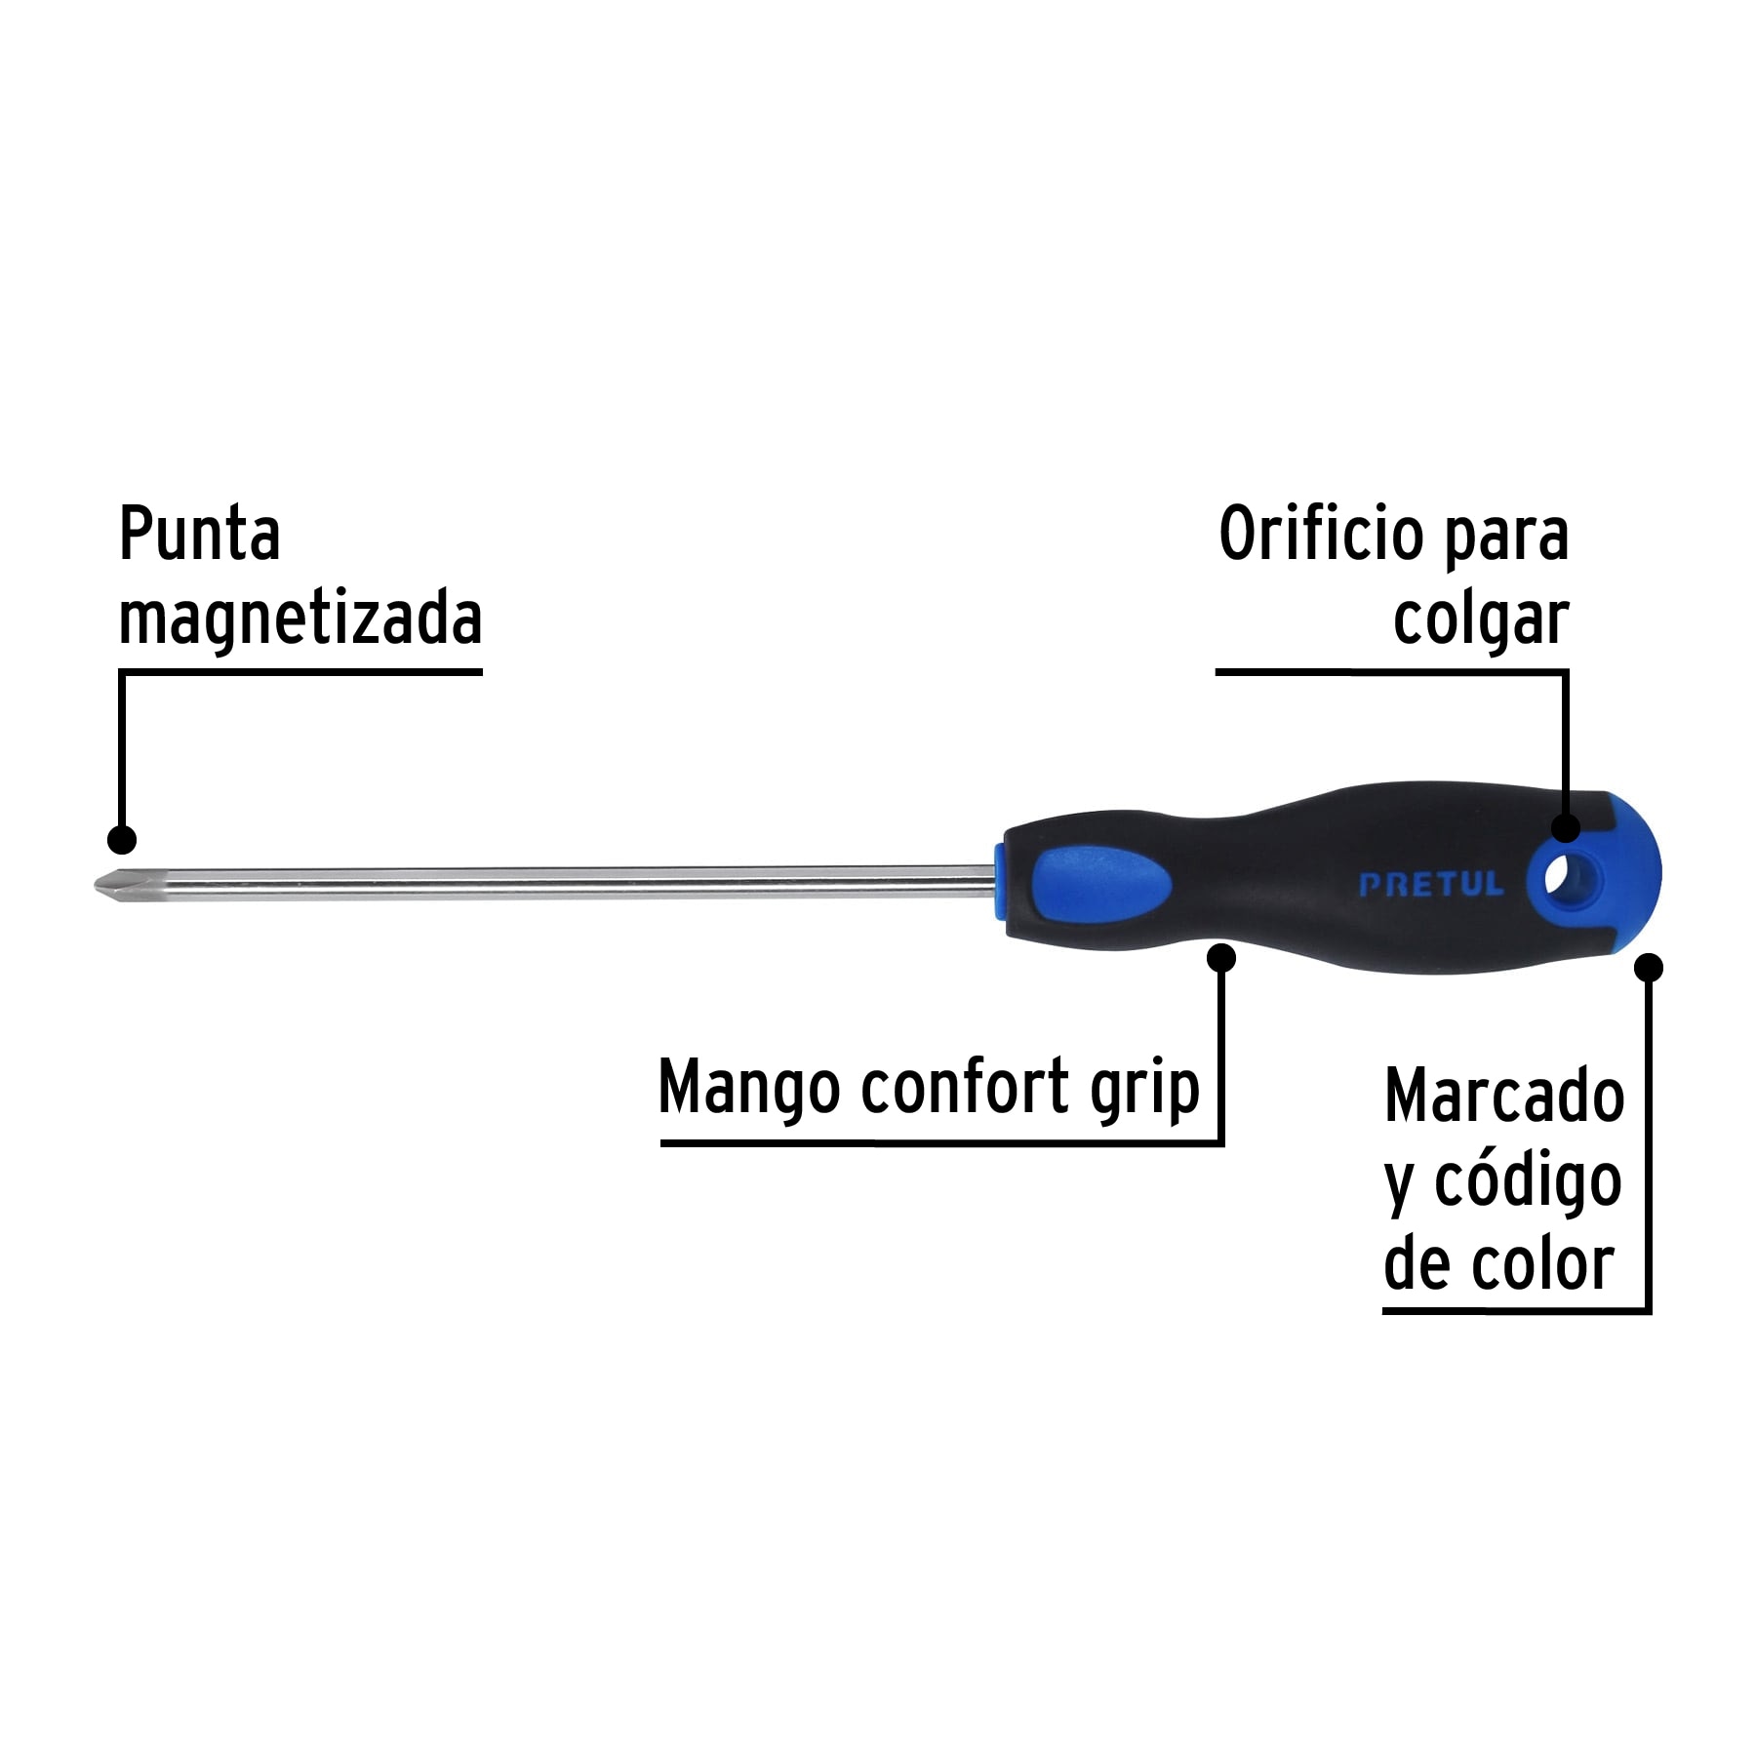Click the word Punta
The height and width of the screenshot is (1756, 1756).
click(199, 535)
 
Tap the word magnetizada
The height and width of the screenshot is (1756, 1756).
click(299, 619)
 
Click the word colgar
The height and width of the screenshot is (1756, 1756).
click(1480, 619)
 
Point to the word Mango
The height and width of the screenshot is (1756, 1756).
click(748, 1087)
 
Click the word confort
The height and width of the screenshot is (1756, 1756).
click(965, 1087)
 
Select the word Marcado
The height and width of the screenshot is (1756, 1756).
click(1504, 1097)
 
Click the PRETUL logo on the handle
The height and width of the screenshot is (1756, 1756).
click(1431, 885)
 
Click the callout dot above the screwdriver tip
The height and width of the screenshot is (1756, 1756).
click(122, 840)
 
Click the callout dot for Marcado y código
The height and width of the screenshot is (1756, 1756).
click(1648, 968)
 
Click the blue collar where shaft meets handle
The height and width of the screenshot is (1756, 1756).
click(999, 883)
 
